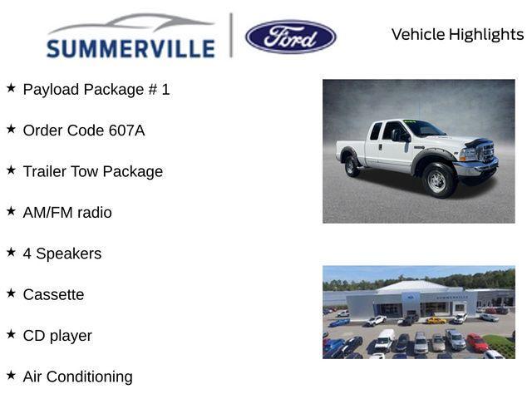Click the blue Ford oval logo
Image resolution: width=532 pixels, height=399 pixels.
tap(291, 37)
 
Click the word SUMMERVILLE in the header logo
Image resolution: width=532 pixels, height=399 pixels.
tap(131, 49)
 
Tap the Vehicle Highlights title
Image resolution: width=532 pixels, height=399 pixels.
tap(457, 34)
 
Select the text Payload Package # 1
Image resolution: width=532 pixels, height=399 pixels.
tap(96, 89)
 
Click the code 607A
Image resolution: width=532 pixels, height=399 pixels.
tap(126, 131)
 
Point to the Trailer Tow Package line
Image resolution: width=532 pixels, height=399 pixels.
tap(93, 171)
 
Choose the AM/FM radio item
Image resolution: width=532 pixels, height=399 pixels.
tap(67, 213)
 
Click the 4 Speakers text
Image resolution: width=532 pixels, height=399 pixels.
tap(62, 254)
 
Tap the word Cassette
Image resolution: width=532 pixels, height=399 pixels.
tap(53, 295)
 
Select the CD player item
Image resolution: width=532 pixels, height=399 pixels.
tap(57, 336)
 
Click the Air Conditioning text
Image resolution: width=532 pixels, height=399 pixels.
tap(78, 377)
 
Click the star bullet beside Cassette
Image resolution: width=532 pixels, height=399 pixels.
tap(11, 293)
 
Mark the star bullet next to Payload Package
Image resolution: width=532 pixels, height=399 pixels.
tap(11, 87)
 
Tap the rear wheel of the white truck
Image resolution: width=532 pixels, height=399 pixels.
tap(352, 165)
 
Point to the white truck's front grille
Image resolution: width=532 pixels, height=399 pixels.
tap(486, 153)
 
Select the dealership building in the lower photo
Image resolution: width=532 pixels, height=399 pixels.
tap(416, 299)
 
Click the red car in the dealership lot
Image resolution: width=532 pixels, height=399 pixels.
tap(476, 342)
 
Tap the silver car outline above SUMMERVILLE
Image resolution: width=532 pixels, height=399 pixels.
tap(133, 22)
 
